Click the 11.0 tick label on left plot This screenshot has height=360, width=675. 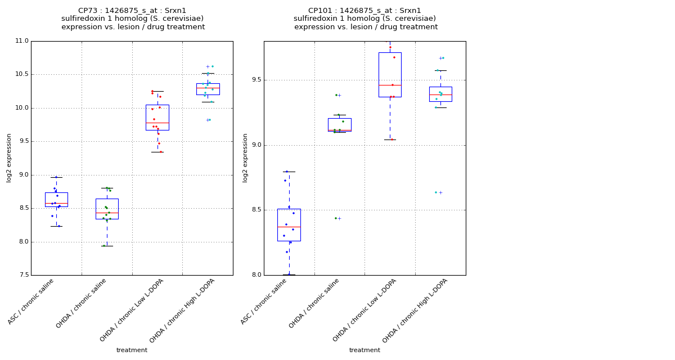point(21,41)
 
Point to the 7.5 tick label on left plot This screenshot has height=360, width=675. point(22,275)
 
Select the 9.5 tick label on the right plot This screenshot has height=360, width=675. point(255,80)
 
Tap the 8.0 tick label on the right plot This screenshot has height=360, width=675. point(255,275)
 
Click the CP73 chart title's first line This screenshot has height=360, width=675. point(132,11)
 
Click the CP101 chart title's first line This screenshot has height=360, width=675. point(364,11)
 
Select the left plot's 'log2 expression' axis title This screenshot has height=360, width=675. point(10,157)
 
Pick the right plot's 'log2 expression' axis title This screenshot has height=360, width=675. point(246,157)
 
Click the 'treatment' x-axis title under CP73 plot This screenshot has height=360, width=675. point(132,350)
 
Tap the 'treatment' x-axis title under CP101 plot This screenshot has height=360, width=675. point(364,350)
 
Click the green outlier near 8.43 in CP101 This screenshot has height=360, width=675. point(336,218)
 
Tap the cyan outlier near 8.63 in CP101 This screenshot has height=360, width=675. point(435,192)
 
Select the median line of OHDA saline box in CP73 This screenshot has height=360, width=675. point(107,213)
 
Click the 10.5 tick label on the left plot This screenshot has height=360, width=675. point(21,74)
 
